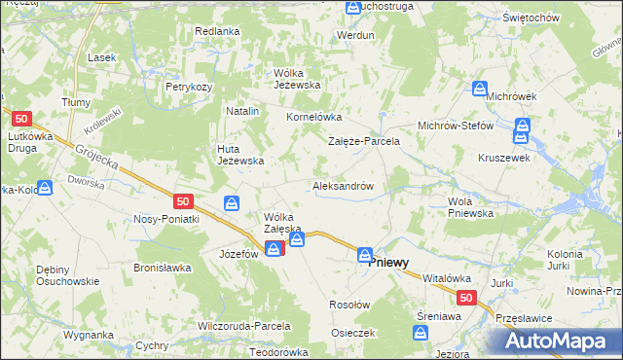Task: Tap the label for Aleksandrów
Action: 343,185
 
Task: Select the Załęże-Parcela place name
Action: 363,141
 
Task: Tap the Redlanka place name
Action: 217,31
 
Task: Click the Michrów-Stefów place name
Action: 456,126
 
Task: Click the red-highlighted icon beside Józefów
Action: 275,249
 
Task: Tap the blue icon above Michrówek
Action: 480,89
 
